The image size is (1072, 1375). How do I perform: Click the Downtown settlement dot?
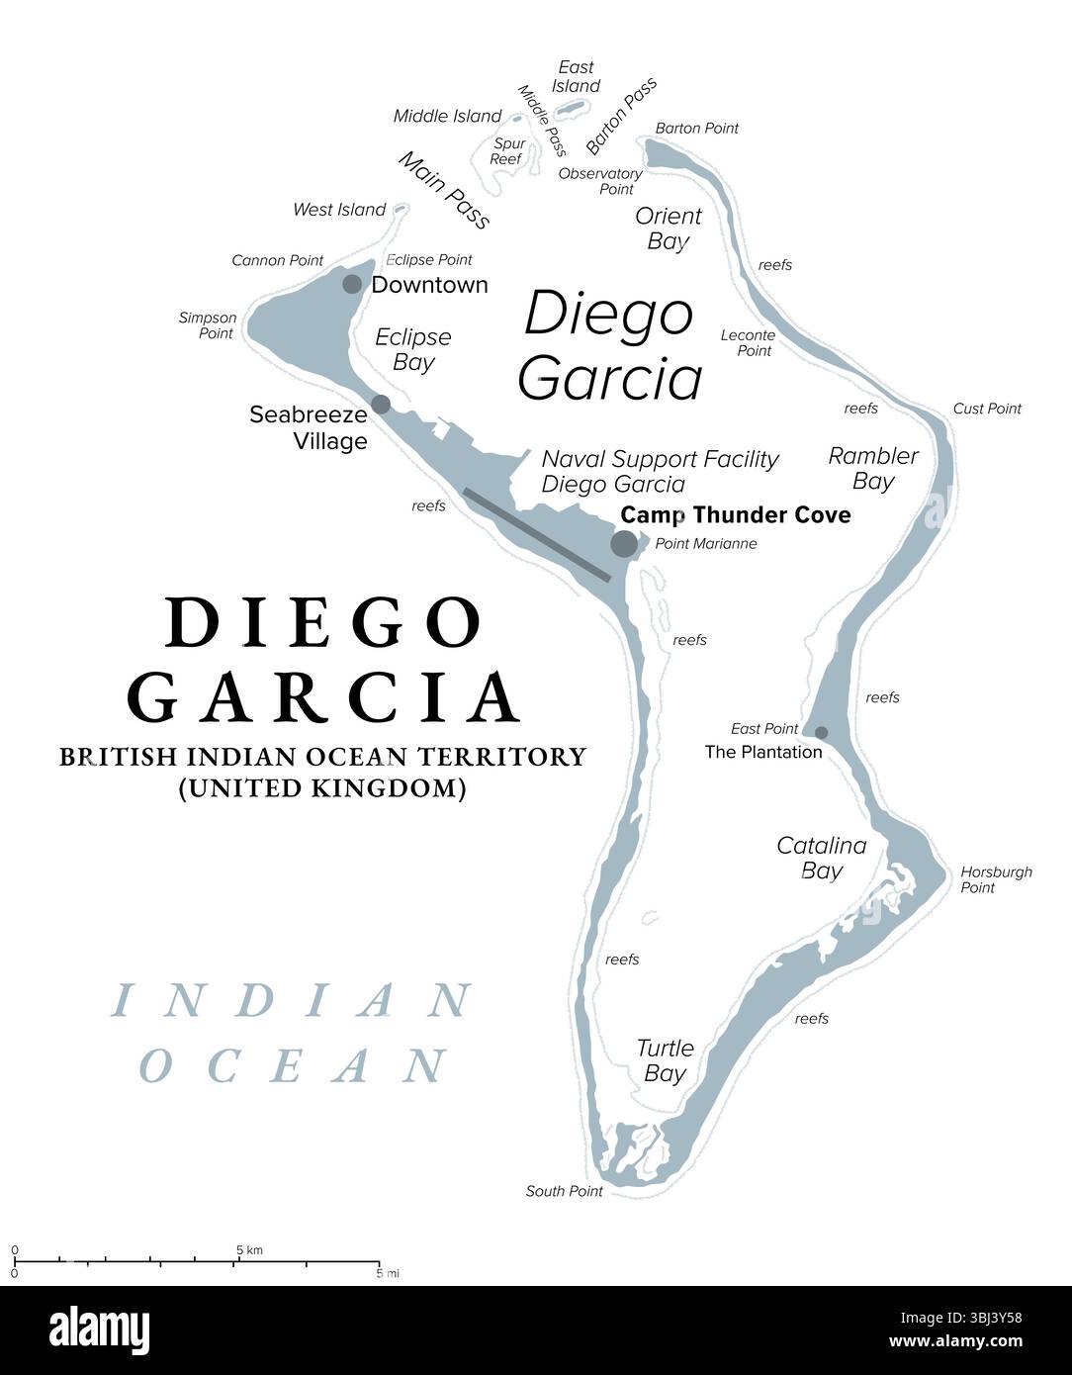(352, 285)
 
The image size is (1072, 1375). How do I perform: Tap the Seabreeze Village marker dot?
(381, 404)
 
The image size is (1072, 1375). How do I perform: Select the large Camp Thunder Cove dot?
(624, 543)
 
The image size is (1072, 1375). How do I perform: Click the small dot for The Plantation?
(821, 732)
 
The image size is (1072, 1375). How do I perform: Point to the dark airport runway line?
(538, 533)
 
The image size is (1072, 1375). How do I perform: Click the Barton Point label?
(696, 129)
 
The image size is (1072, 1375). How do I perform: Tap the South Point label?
(564, 1191)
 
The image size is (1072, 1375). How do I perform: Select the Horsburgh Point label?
(995, 879)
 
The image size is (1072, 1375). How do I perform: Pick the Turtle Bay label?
(665, 1060)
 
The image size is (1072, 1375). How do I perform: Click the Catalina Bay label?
(821, 858)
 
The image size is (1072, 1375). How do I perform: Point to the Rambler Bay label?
(873, 468)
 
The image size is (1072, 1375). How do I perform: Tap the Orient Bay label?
(668, 229)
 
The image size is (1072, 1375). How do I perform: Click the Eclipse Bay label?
(412, 349)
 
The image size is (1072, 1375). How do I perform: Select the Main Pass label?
(444, 190)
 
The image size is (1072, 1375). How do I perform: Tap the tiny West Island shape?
(401, 209)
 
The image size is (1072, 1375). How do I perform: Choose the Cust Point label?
(986, 409)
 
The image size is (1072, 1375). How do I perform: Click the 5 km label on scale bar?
(249, 1250)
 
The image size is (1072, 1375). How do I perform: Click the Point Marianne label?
(705, 543)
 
